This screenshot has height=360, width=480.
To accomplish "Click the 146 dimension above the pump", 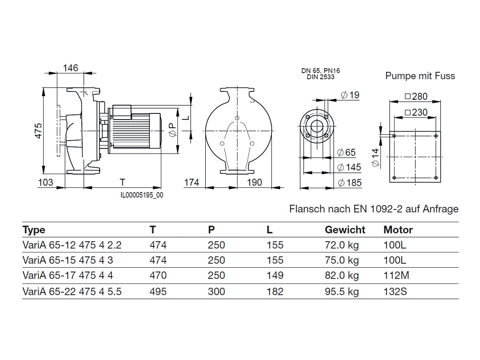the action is click(x=70, y=68).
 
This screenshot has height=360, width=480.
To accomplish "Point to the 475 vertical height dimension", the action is click(x=39, y=131).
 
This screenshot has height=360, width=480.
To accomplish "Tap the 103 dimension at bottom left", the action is click(x=45, y=182).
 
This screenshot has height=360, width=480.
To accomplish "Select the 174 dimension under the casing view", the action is click(x=192, y=182).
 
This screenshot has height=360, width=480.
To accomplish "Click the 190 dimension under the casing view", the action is click(x=254, y=182).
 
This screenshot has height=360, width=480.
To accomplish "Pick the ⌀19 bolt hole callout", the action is click(x=350, y=95).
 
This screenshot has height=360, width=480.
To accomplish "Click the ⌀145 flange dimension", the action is click(x=349, y=167).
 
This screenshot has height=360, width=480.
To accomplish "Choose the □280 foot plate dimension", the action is click(x=416, y=96).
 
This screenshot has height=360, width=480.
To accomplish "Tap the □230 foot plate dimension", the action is click(x=416, y=112).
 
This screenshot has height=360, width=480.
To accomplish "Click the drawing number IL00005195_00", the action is click(x=142, y=195).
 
